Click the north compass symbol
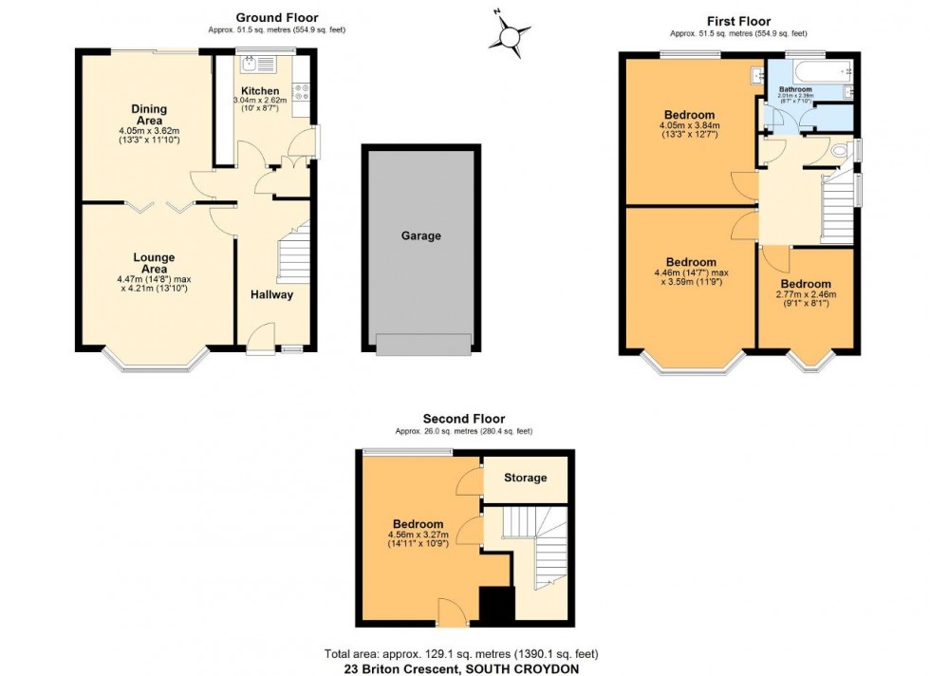point(511,35)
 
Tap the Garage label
point(420,235)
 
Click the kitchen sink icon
point(251,66)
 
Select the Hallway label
point(272,295)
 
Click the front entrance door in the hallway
point(260,340)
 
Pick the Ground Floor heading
point(277,17)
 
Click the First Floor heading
point(738,21)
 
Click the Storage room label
point(525,478)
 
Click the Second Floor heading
point(464,418)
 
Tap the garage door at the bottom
point(422,345)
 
